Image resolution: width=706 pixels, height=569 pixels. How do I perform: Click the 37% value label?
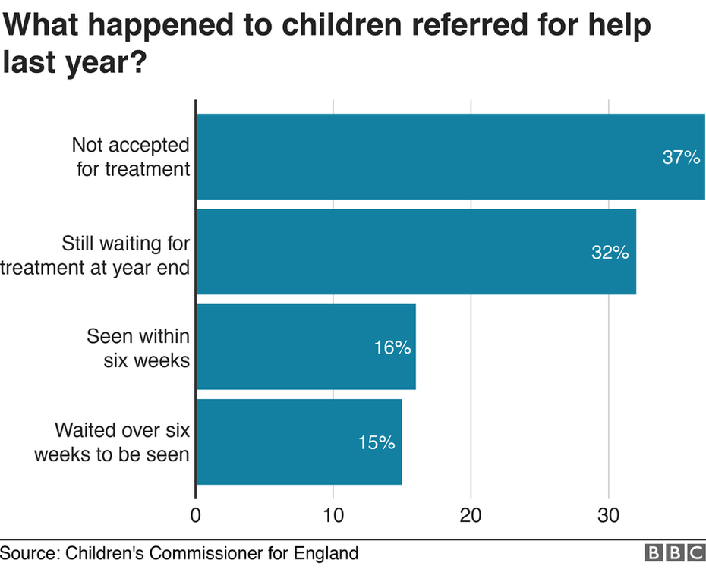pyautogui.click(x=680, y=158)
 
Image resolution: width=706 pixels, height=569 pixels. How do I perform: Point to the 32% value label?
pyautogui.click(x=610, y=253)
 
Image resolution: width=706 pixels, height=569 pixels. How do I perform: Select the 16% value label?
pyautogui.click(x=392, y=347)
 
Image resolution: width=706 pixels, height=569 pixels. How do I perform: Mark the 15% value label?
pyautogui.click(x=377, y=442)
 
